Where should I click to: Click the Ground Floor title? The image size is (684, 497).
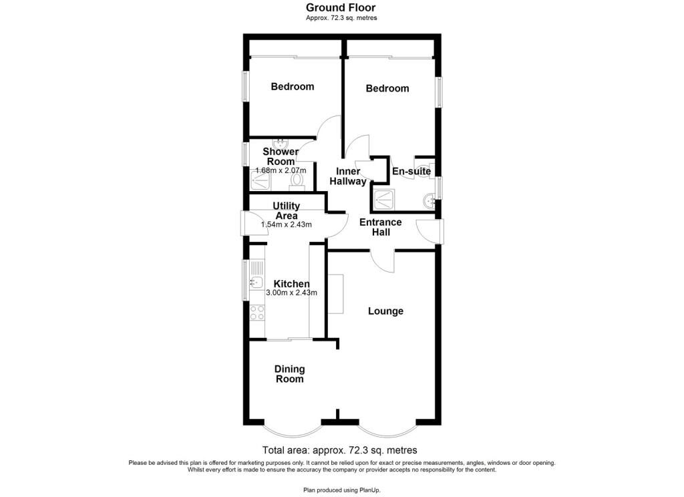[x=340, y=7]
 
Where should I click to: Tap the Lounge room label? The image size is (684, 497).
[x=385, y=311]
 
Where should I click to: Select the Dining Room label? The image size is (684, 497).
[x=290, y=374]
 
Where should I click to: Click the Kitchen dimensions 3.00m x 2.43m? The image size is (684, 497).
[x=291, y=293]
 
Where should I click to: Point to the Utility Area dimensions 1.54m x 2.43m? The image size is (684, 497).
[x=286, y=224]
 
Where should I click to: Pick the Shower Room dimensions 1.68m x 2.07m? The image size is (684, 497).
[x=281, y=170]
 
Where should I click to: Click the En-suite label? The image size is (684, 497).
[x=411, y=171]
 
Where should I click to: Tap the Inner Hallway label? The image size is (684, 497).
[x=347, y=176]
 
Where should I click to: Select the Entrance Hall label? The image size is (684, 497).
[x=380, y=227]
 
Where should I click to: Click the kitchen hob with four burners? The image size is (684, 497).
[x=257, y=313]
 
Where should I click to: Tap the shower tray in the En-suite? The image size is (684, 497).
[x=384, y=200]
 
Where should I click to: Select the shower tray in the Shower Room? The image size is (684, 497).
[x=261, y=180]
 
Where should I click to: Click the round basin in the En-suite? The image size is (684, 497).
[x=428, y=202]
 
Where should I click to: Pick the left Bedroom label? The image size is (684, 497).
[x=293, y=86]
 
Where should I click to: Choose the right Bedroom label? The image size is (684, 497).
[x=387, y=89]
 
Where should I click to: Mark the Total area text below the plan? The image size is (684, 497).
[x=339, y=450]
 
